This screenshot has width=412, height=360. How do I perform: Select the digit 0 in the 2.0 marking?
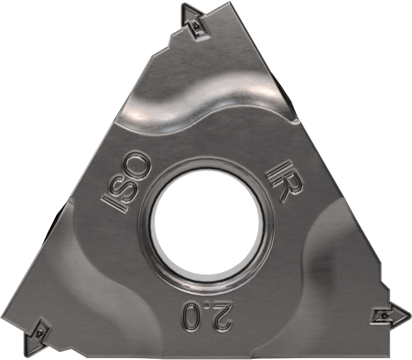(x=190, y=315)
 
